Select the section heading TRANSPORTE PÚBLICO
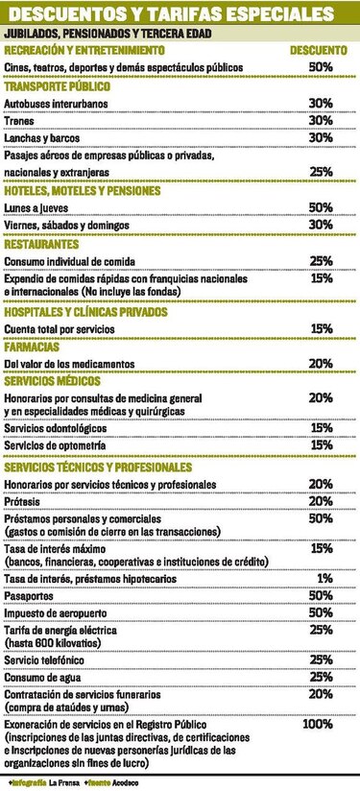click(x=60, y=85)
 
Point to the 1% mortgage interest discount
click(x=324, y=579)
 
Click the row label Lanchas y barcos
click(x=40, y=137)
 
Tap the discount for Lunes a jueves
click(x=321, y=207)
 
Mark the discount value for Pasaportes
click(x=321, y=596)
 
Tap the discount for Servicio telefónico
click(x=321, y=660)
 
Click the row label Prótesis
click(x=23, y=500)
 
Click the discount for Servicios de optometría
click(x=321, y=444)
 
